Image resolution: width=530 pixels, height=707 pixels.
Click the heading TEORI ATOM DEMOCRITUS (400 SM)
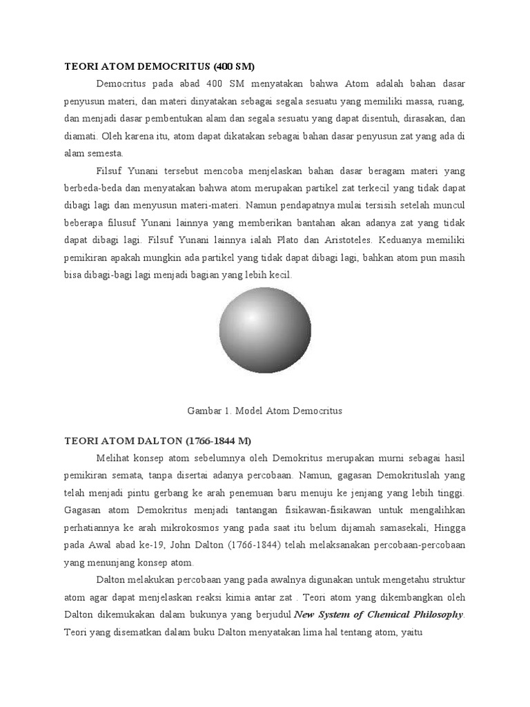pyautogui.click(x=159, y=67)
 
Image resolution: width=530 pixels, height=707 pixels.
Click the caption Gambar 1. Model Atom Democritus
pyautogui.click(x=265, y=410)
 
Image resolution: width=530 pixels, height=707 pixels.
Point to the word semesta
pyautogui.click(x=102, y=153)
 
